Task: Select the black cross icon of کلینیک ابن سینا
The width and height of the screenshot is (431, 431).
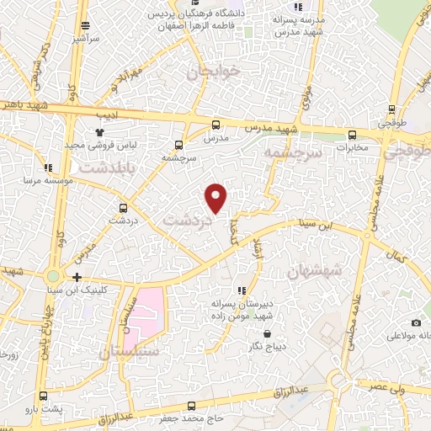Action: point(77,277)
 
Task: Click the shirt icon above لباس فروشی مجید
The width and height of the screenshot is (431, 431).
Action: point(99,131)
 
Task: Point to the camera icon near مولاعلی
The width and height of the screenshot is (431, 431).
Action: point(416,322)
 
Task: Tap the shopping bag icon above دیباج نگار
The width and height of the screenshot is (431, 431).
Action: point(267,333)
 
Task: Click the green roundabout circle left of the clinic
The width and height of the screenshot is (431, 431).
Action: point(54,275)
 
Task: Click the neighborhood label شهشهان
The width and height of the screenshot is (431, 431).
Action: point(315,271)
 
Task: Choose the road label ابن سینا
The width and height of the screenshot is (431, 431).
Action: point(313,224)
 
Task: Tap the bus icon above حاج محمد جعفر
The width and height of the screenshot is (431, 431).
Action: point(192,406)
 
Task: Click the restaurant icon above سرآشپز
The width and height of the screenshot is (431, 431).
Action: point(84,26)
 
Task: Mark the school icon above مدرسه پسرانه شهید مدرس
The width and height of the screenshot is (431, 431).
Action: point(298,7)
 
